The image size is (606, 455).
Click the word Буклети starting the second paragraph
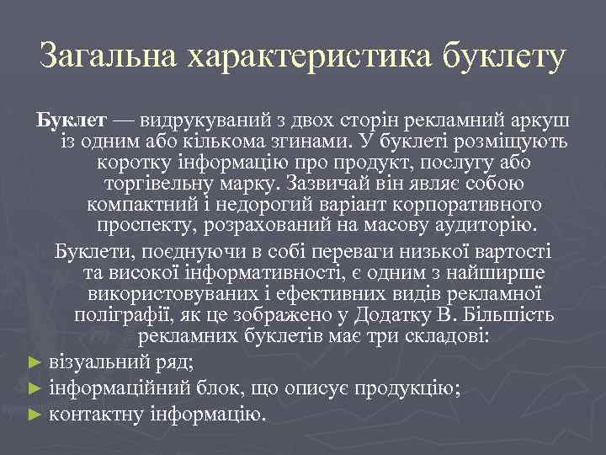coord(88,252)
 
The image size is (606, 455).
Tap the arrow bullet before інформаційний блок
coord(35,388)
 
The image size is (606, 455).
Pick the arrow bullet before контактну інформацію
coord(35,414)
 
